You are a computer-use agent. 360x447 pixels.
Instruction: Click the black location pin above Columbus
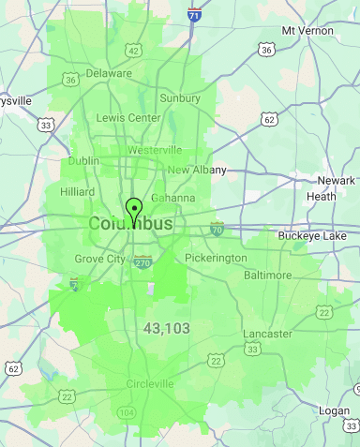(134, 209)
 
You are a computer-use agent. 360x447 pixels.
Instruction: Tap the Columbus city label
(130, 225)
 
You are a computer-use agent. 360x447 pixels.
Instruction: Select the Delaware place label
(109, 73)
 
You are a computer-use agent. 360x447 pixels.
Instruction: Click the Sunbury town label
(181, 97)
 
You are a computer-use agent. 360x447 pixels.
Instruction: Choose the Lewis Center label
(127, 118)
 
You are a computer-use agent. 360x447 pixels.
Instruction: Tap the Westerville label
(155, 150)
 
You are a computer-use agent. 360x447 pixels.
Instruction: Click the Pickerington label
(216, 258)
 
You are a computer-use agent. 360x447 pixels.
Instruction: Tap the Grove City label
(99, 259)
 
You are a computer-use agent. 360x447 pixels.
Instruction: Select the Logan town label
(334, 410)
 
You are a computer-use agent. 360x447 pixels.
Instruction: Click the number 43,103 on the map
(168, 328)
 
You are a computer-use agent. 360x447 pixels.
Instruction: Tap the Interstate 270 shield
(142, 261)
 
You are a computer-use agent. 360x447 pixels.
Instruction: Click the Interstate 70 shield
(217, 228)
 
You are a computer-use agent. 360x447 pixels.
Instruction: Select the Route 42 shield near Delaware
(134, 51)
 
